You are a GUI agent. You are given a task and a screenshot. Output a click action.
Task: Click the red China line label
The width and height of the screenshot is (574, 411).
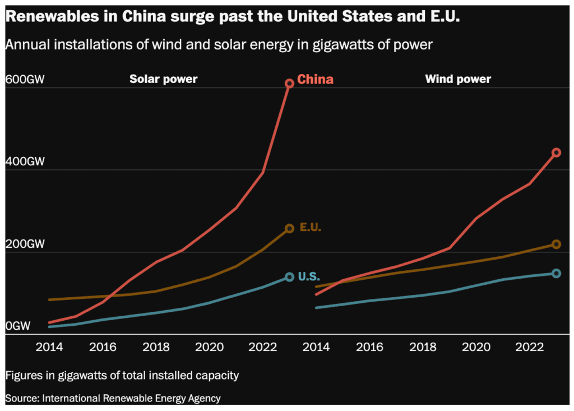pos(315,80)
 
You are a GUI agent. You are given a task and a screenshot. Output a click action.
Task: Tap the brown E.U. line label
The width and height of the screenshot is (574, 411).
pos(310,227)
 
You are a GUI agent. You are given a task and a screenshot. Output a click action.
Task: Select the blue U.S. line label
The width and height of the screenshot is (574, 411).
pos(309,276)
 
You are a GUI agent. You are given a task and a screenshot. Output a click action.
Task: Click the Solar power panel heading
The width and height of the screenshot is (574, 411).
pos(163,79)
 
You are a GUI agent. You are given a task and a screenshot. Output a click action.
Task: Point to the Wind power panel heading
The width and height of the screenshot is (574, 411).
pos(457,79)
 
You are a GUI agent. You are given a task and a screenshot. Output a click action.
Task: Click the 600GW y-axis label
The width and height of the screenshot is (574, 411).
pos(25,79)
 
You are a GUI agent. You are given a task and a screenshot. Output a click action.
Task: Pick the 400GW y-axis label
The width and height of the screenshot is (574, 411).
pos(25,161)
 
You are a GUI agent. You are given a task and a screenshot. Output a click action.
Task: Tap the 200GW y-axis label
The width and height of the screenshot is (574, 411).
pos(25,244)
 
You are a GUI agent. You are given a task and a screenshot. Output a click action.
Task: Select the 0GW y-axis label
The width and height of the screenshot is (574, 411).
pos(18,326)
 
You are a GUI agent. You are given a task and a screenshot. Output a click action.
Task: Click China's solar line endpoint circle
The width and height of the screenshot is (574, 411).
pos(289,83)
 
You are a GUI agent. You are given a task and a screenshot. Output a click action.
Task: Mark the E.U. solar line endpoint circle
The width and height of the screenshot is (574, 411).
pos(289,228)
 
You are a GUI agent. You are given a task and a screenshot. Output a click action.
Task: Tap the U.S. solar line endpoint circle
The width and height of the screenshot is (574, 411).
pos(289,277)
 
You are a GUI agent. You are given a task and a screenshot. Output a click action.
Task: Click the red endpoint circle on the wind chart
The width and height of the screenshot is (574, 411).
pos(556,152)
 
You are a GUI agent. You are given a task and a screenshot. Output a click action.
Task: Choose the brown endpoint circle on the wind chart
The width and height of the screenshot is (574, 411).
pos(556,244)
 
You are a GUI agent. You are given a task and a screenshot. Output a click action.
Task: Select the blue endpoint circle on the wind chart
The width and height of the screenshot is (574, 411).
pos(556,273)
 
